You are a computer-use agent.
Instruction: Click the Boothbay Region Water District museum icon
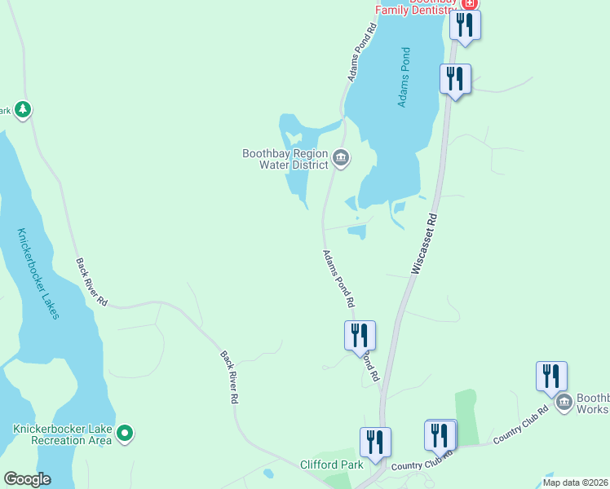[341, 157]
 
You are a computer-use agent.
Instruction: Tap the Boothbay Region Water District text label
[285, 158]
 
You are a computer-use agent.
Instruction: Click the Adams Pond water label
[404, 77]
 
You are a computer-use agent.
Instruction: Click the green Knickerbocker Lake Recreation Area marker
[125, 434]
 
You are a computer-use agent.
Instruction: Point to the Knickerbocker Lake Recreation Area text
[61, 434]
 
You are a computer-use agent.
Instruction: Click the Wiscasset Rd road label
[425, 244]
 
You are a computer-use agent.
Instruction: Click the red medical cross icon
[468, 4]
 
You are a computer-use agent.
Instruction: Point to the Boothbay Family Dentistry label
[416, 8]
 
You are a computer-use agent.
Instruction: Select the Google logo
[26, 479]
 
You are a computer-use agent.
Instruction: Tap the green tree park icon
[23, 109]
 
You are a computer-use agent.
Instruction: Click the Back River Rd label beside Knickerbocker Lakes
[92, 282]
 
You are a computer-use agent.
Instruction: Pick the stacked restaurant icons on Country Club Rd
[440, 435]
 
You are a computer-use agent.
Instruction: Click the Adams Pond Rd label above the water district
[362, 51]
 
